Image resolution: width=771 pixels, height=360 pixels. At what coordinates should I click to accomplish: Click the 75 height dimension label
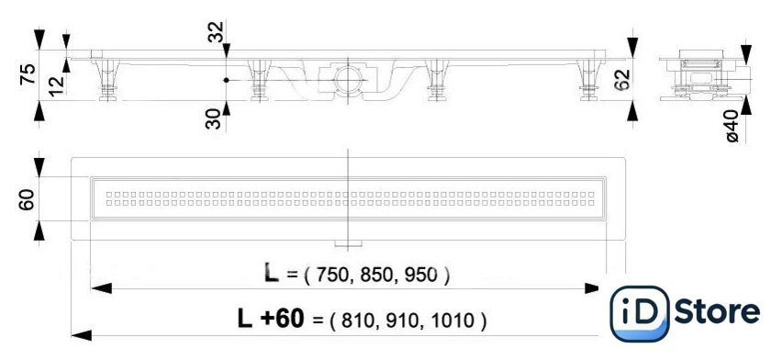click(28, 74)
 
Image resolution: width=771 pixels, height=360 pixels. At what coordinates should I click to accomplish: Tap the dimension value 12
click(57, 85)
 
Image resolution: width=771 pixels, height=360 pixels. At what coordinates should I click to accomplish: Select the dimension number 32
click(216, 31)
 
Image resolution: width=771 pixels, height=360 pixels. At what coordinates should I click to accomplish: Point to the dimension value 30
click(214, 119)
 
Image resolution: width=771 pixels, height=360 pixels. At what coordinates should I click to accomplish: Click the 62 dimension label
click(622, 80)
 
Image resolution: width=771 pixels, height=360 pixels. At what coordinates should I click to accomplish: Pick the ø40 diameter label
click(732, 127)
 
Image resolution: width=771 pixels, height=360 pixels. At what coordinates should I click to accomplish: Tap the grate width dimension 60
click(27, 199)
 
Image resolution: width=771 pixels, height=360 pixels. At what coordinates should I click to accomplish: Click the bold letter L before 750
click(272, 272)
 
